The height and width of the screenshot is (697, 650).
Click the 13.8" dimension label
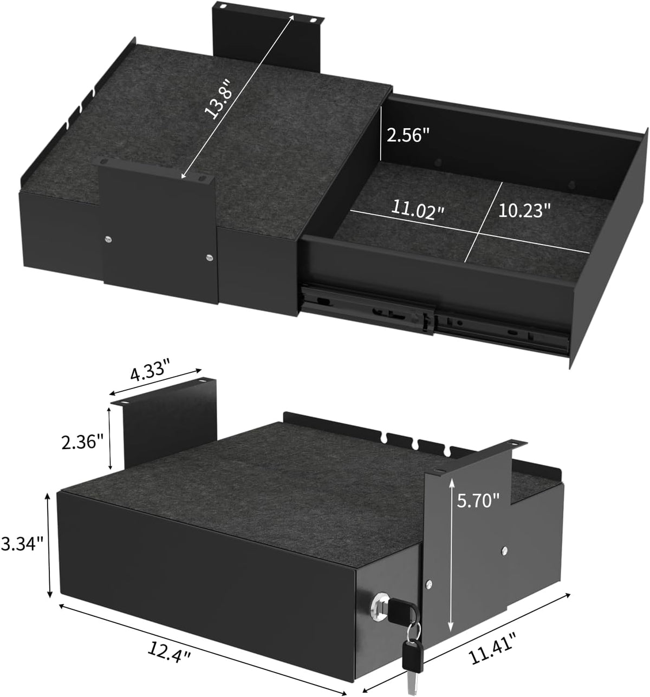219,99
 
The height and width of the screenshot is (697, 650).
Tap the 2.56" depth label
407,135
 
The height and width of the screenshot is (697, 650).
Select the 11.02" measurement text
418,209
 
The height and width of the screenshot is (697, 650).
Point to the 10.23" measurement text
524,211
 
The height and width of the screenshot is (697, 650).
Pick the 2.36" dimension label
82,442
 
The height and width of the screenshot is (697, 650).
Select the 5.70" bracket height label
478,501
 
